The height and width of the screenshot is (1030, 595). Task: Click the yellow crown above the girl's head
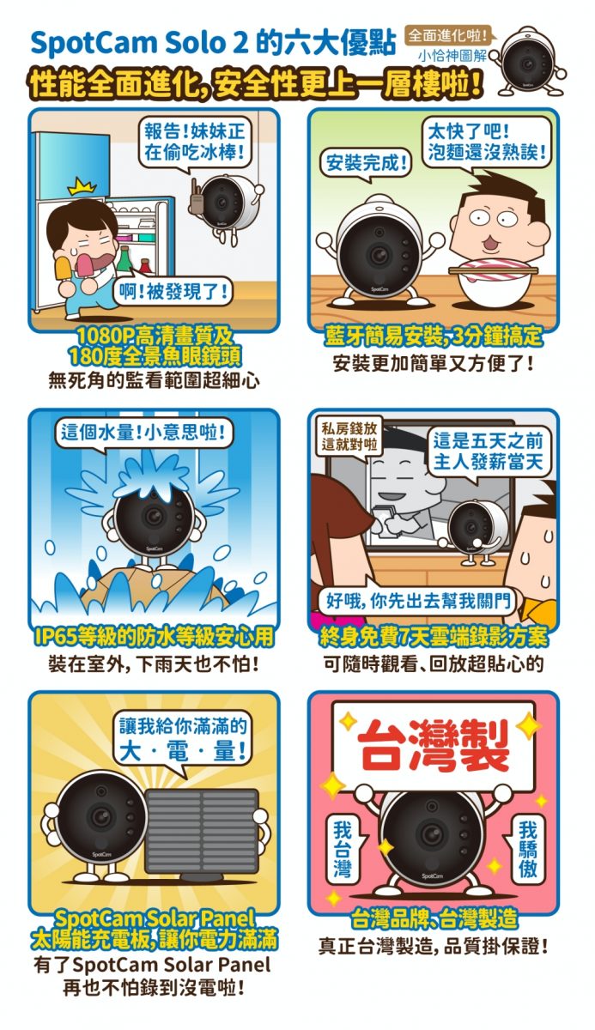[x=82, y=188]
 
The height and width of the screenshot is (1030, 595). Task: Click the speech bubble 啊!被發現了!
[x=173, y=292]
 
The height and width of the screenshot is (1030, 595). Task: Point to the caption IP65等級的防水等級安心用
[x=154, y=637]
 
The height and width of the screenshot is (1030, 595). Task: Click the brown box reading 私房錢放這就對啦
[x=349, y=436]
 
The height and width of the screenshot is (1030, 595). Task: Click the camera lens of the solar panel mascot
[x=100, y=816]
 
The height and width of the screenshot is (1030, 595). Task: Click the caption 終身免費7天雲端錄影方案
[x=434, y=637]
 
